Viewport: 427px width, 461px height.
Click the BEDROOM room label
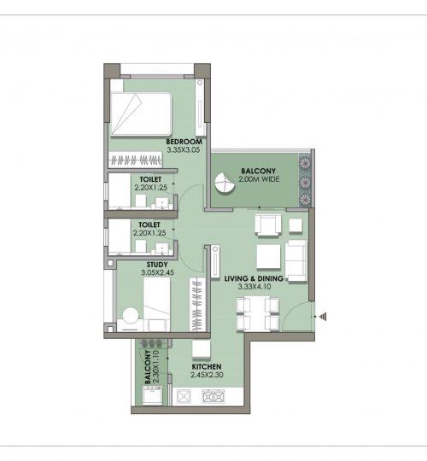[x=184, y=142]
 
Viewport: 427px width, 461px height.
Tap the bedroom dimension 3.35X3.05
[x=184, y=150]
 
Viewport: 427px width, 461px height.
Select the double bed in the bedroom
[x=141, y=114]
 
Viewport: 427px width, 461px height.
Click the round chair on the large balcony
[x=225, y=184]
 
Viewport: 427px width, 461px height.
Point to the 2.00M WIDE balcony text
[x=259, y=179]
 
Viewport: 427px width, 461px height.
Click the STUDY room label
[x=157, y=265]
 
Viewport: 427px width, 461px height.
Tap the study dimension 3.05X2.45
[x=157, y=272]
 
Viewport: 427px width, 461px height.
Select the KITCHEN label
[x=207, y=367]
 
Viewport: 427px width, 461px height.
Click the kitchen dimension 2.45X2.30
[x=207, y=375]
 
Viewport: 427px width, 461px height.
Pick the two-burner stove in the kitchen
[x=213, y=397]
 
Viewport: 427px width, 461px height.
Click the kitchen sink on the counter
[x=184, y=397]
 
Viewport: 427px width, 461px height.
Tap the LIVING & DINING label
[x=254, y=278]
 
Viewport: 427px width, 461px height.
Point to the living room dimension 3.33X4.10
[x=254, y=287]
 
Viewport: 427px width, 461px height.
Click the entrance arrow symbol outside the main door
[x=323, y=317]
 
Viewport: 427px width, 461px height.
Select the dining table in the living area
[x=257, y=313]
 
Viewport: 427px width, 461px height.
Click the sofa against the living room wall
[x=296, y=260]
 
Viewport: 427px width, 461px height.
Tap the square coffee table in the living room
[x=268, y=257]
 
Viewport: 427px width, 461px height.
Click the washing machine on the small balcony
[x=152, y=395]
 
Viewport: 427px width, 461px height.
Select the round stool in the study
[x=131, y=316]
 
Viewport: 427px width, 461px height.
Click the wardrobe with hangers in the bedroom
[x=135, y=160]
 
